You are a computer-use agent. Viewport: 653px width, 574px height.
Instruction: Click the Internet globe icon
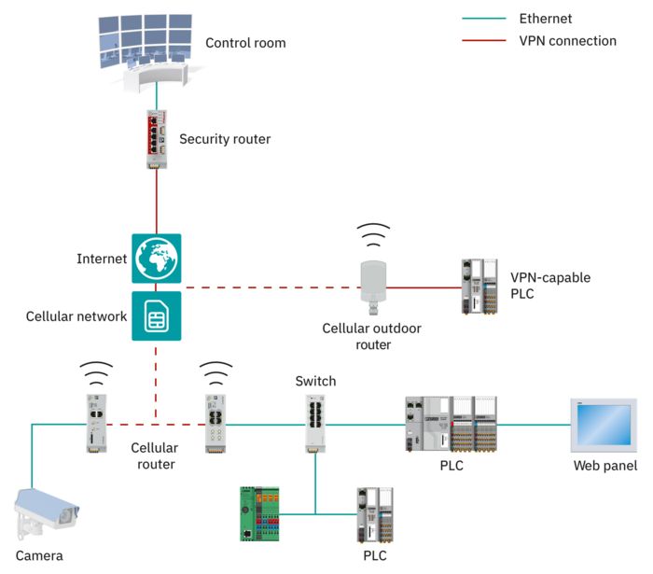(x=156, y=259)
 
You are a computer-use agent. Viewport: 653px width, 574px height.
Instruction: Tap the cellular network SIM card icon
(x=156, y=315)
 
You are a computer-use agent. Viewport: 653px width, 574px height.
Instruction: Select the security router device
(x=156, y=139)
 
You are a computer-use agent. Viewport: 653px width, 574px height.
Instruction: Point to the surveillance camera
(x=47, y=512)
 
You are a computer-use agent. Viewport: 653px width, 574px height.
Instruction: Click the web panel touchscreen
(x=604, y=425)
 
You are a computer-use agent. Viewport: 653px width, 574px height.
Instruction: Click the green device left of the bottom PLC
(x=260, y=512)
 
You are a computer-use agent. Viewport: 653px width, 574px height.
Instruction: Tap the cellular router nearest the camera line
(x=96, y=423)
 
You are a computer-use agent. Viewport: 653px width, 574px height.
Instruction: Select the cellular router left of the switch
(x=216, y=423)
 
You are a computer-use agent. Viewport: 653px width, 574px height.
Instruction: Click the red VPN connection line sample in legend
(x=483, y=41)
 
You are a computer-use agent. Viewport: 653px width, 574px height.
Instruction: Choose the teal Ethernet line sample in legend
(x=483, y=19)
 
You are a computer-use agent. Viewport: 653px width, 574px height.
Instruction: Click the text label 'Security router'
(x=225, y=139)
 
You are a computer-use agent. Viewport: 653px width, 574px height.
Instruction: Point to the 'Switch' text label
(x=315, y=381)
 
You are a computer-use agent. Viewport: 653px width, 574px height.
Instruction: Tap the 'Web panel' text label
(x=604, y=466)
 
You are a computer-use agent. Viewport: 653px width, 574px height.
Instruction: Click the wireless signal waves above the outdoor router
(x=374, y=232)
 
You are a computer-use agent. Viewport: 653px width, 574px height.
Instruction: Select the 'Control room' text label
(x=245, y=43)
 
